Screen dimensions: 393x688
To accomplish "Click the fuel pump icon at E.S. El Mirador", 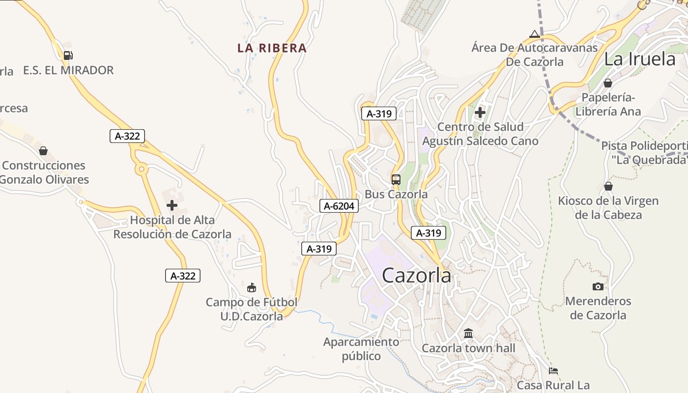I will (68, 56).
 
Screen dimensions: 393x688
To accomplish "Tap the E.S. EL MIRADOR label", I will (68, 70).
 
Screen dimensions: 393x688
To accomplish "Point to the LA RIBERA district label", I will (272, 48).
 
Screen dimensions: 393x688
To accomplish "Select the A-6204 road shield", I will (339, 206).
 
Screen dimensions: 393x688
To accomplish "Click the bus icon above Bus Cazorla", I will (396, 180).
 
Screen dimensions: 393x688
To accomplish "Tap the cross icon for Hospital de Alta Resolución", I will (172, 205).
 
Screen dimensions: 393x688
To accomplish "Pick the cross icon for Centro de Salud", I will (480, 112).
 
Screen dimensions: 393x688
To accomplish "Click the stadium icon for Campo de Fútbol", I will (252, 287).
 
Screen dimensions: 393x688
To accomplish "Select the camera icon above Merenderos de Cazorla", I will (598, 286).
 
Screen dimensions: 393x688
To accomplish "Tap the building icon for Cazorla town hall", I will (468, 334).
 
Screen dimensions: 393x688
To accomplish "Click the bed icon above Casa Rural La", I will (553, 371).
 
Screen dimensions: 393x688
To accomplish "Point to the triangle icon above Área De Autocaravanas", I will (535, 34).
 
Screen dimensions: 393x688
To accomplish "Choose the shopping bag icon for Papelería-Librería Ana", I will (608, 83).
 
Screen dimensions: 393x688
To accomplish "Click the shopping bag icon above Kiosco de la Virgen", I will (608, 187).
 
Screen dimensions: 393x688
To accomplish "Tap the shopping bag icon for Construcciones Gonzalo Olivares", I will (43, 151).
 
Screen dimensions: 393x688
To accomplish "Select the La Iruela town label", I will (640, 59).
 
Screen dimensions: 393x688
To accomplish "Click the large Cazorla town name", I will (416, 276).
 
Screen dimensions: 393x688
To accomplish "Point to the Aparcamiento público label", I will (361, 349).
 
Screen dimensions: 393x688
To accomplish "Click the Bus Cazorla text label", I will (396, 195).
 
